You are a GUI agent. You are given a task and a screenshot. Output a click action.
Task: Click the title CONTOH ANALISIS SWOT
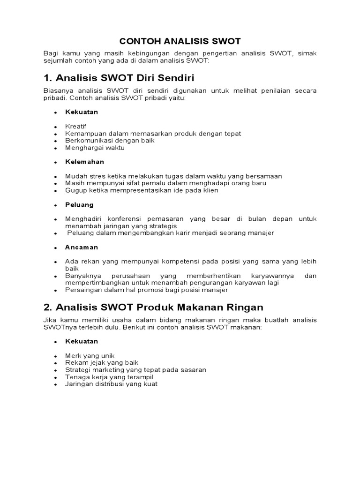click(180, 41)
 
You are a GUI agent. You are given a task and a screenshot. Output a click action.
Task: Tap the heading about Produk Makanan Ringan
click(153, 307)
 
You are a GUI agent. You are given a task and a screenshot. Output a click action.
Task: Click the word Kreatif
click(76, 127)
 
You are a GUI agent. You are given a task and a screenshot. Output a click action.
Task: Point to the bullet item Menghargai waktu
click(95, 148)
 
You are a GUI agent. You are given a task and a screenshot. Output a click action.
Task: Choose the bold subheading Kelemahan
click(85, 162)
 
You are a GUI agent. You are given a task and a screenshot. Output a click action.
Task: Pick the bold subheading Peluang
click(80, 205)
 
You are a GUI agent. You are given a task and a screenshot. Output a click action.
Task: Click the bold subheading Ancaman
click(82, 247)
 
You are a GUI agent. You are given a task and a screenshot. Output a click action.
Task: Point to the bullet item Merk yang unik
click(90, 356)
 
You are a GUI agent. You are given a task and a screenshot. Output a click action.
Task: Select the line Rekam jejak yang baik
click(102, 363)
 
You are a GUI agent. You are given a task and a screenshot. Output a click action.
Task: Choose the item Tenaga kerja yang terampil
click(109, 377)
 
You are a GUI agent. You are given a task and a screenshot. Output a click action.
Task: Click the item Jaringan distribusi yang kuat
click(112, 384)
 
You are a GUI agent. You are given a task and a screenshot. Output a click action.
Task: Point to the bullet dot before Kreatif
click(55, 127)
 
